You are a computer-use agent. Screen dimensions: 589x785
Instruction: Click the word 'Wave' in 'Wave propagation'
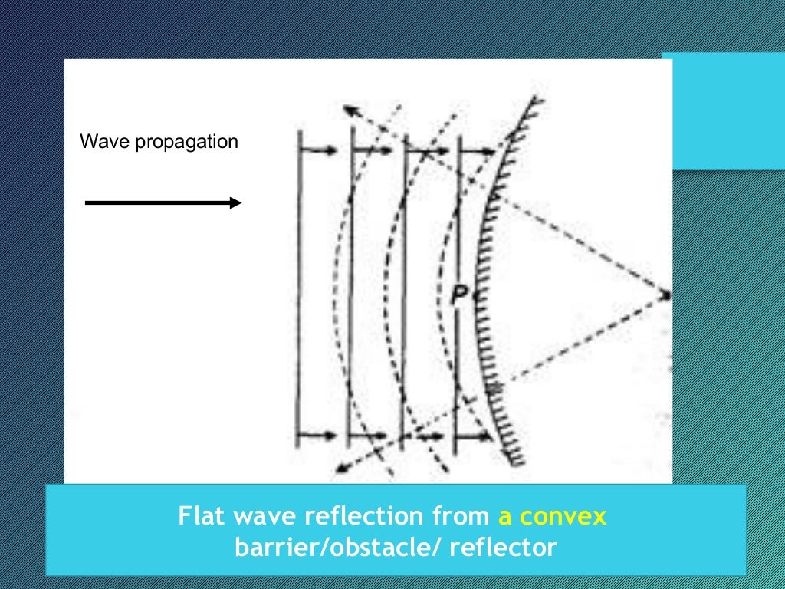click(98, 142)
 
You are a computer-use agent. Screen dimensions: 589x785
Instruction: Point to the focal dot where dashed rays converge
click(666, 294)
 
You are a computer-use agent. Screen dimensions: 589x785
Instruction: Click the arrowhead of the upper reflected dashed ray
click(348, 108)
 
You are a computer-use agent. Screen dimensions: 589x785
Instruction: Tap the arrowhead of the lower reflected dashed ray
click(346, 464)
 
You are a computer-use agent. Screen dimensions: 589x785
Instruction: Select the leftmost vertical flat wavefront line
click(297, 291)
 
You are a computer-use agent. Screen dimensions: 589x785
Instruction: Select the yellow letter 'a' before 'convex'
click(505, 517)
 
